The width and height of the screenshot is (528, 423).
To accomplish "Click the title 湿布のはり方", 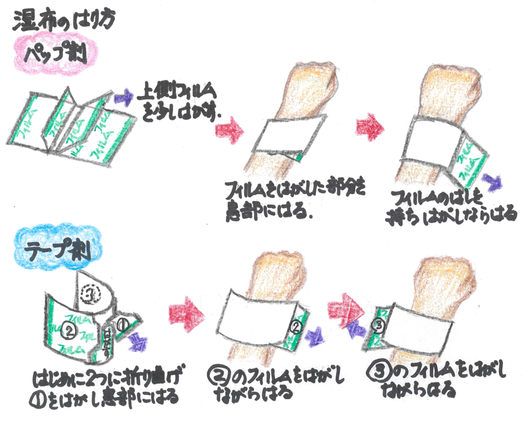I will click(64, 21).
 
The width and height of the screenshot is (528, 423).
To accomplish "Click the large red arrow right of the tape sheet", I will click(186, 314).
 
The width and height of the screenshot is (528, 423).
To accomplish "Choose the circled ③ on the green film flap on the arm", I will click(378, 326).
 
